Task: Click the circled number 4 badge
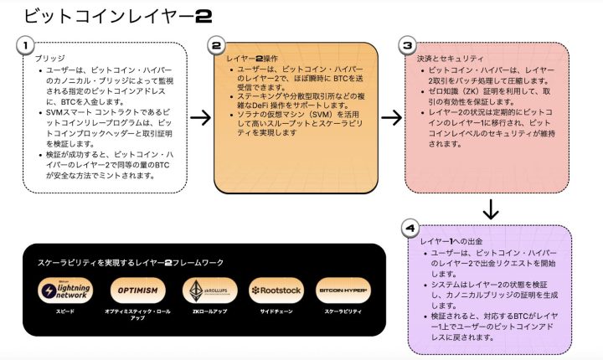pos(408,228)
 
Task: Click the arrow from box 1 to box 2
pos(201,117)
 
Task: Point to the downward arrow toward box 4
pos(492,208)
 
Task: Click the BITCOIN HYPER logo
pos(343,291)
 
